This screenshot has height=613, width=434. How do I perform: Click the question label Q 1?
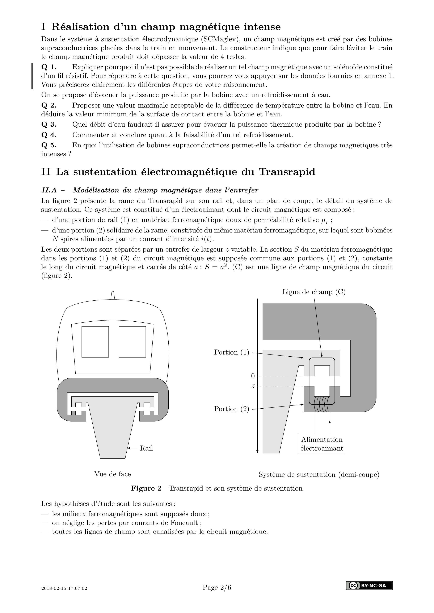(49, 67)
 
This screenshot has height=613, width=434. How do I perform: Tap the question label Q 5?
(49, 145)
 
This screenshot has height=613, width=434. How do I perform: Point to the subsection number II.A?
(49, 190)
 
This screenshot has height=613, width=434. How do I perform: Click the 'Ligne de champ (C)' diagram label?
(314, 292)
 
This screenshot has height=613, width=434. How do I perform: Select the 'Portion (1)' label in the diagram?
(231, 352)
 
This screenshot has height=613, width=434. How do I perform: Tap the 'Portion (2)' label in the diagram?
(231, 409)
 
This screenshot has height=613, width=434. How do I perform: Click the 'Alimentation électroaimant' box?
(322, 444)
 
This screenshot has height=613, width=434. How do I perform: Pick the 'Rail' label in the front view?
(146, 448)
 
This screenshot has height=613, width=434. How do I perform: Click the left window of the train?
(95, 342)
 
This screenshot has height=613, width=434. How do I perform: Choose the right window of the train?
(132, 342)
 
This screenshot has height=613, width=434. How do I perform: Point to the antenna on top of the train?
(113, 295)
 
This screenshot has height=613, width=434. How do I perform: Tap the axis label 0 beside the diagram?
(253, 376)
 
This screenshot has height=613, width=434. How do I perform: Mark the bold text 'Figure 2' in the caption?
(146, 488)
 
